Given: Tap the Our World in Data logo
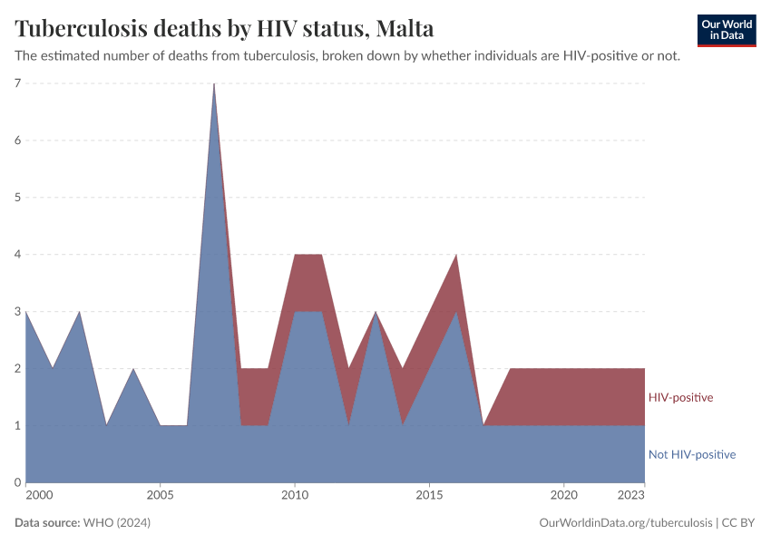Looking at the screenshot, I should tap(726, 30).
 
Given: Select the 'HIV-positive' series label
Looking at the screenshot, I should tap(680, 397).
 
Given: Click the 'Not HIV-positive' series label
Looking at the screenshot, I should tap(691, 454).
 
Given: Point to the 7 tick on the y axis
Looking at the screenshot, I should tap(17, 83).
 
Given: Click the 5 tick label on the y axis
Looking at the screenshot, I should tap(17, 198).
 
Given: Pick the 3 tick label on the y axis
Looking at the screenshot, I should tap(17, 312).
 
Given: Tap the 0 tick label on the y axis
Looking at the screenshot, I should tap(17, 482).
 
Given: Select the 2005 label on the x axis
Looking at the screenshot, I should tap(161, 495).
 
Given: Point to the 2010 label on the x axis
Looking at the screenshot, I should tap(295, 495).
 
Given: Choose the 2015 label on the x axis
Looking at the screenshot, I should tap(429, 495).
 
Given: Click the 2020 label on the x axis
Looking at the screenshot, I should tap(563, 495).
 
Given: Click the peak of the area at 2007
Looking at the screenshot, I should tap(214, 84).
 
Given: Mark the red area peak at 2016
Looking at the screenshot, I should tap(456, 256).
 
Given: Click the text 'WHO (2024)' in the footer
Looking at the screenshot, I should tap(116, 523).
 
